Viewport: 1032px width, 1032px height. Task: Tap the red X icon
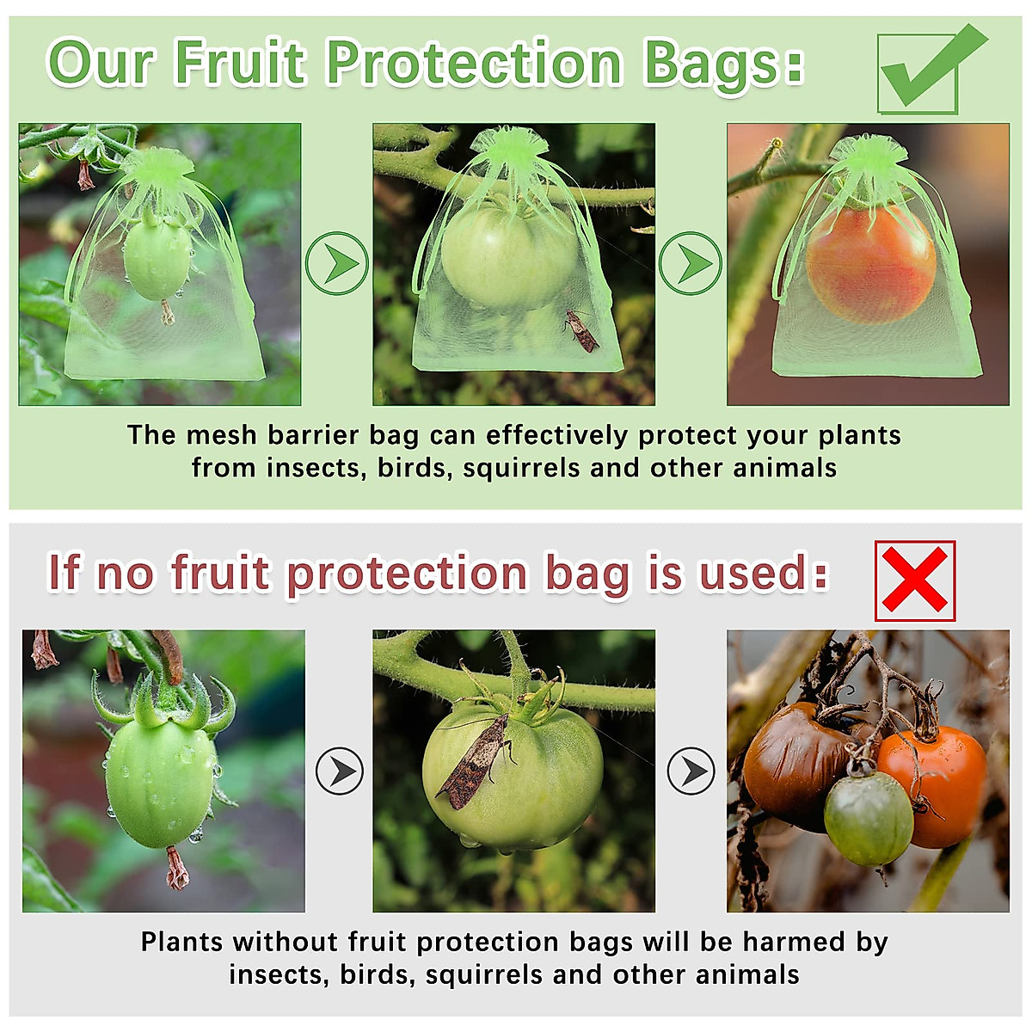914,580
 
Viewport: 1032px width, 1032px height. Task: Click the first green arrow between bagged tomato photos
336,263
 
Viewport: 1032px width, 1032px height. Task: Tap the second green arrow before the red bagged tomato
691,263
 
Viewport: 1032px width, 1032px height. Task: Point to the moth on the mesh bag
582,331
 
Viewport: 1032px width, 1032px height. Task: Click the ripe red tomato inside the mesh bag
870,261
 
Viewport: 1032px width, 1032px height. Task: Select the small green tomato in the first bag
157,257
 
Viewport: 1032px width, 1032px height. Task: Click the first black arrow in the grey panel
340,771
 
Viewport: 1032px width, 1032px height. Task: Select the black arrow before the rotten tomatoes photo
691,771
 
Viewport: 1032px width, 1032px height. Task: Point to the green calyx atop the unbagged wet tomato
163,701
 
